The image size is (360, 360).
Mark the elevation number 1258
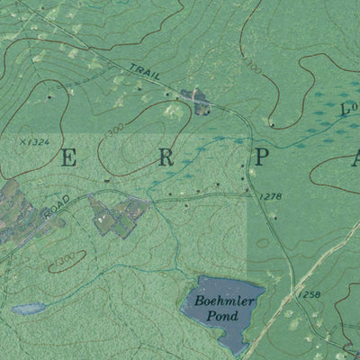[308, 294]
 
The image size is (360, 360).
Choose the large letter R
[166, 157]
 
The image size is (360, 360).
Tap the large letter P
[260, 157]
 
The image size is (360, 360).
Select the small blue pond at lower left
[28, 309]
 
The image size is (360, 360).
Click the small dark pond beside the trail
[194, 99]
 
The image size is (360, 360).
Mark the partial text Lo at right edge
[349, 108]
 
